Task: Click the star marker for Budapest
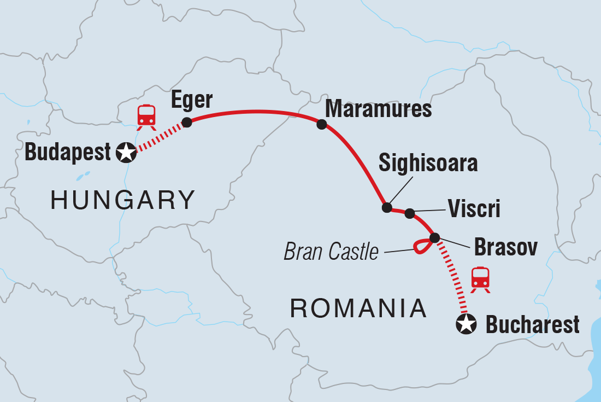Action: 126,152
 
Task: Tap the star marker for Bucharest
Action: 466,324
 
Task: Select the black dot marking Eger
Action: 186,123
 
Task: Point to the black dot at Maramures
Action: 321,125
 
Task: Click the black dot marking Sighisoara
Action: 387,207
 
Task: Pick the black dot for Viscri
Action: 410,213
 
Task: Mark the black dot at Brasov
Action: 434,237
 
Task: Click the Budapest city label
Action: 68,153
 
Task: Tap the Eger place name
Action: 191,100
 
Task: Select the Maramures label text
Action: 378,109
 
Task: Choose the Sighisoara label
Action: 428,164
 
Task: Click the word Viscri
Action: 474,209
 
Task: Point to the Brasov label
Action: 505,247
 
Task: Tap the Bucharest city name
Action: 532,325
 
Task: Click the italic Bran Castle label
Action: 331,252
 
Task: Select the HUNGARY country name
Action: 123,200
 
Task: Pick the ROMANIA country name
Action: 358,309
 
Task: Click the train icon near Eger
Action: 146,116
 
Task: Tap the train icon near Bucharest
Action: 480,278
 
